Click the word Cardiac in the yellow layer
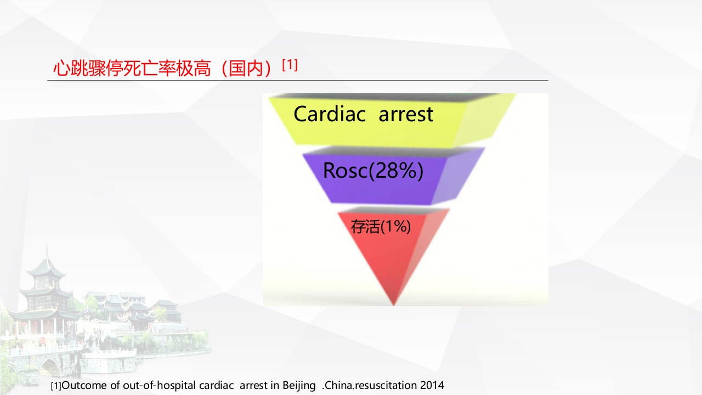(x=330, y=114)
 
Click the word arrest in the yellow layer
(x=406, y=115)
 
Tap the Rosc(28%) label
(x=373, y=171)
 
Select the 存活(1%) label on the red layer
(x=381, y=227)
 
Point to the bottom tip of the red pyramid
(x=394, y=305)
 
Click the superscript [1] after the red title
(x=290, y=65)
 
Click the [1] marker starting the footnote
(x=56, y=386)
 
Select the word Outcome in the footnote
(x=84, y=385)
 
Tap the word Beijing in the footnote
(x=299, y=386)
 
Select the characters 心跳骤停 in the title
(x=88, y=69)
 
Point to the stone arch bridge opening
(x=50, y=368)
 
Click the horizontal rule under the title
(x=298, y=80)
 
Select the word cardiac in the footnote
(x=216, y=385)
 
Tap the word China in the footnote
(x=339, y=385)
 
